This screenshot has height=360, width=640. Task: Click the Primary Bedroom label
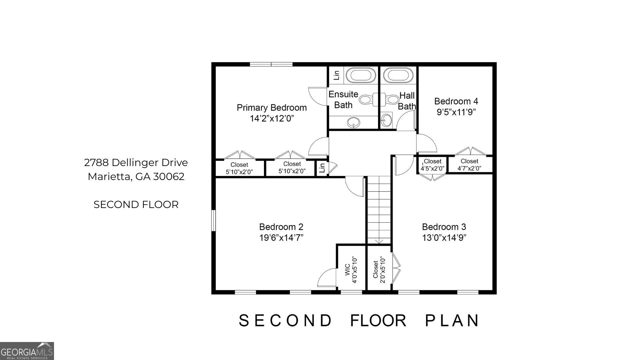click(x=272, y=108)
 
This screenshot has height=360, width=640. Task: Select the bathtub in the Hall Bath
click(x=399, y=75)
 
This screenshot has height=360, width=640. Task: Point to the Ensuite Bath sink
click(x=353, y=122)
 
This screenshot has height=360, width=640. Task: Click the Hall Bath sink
click(x=386, y=120)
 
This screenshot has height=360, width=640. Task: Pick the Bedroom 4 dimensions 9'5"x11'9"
click(x=456, y=112)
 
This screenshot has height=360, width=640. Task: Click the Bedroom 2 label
click(x=281, y=227)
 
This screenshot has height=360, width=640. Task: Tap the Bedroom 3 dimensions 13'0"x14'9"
click(x=444, y=238)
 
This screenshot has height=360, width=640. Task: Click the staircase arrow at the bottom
click(x=379, y=241)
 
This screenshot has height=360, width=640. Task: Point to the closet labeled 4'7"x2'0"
click(x=469, y=165)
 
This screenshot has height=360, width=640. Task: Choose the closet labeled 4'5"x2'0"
click(x=432, y=165)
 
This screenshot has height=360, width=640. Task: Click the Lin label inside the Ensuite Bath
click(x=336, y=75)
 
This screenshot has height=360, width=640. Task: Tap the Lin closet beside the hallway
click(x=322, y=168)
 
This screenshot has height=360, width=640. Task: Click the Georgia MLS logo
click(x=27, y=351)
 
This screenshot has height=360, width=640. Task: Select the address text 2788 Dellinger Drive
click(x=136, y=163)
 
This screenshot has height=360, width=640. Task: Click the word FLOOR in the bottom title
click(x=378, y=321)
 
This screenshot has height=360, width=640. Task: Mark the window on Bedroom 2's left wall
click(x=214, y=220)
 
